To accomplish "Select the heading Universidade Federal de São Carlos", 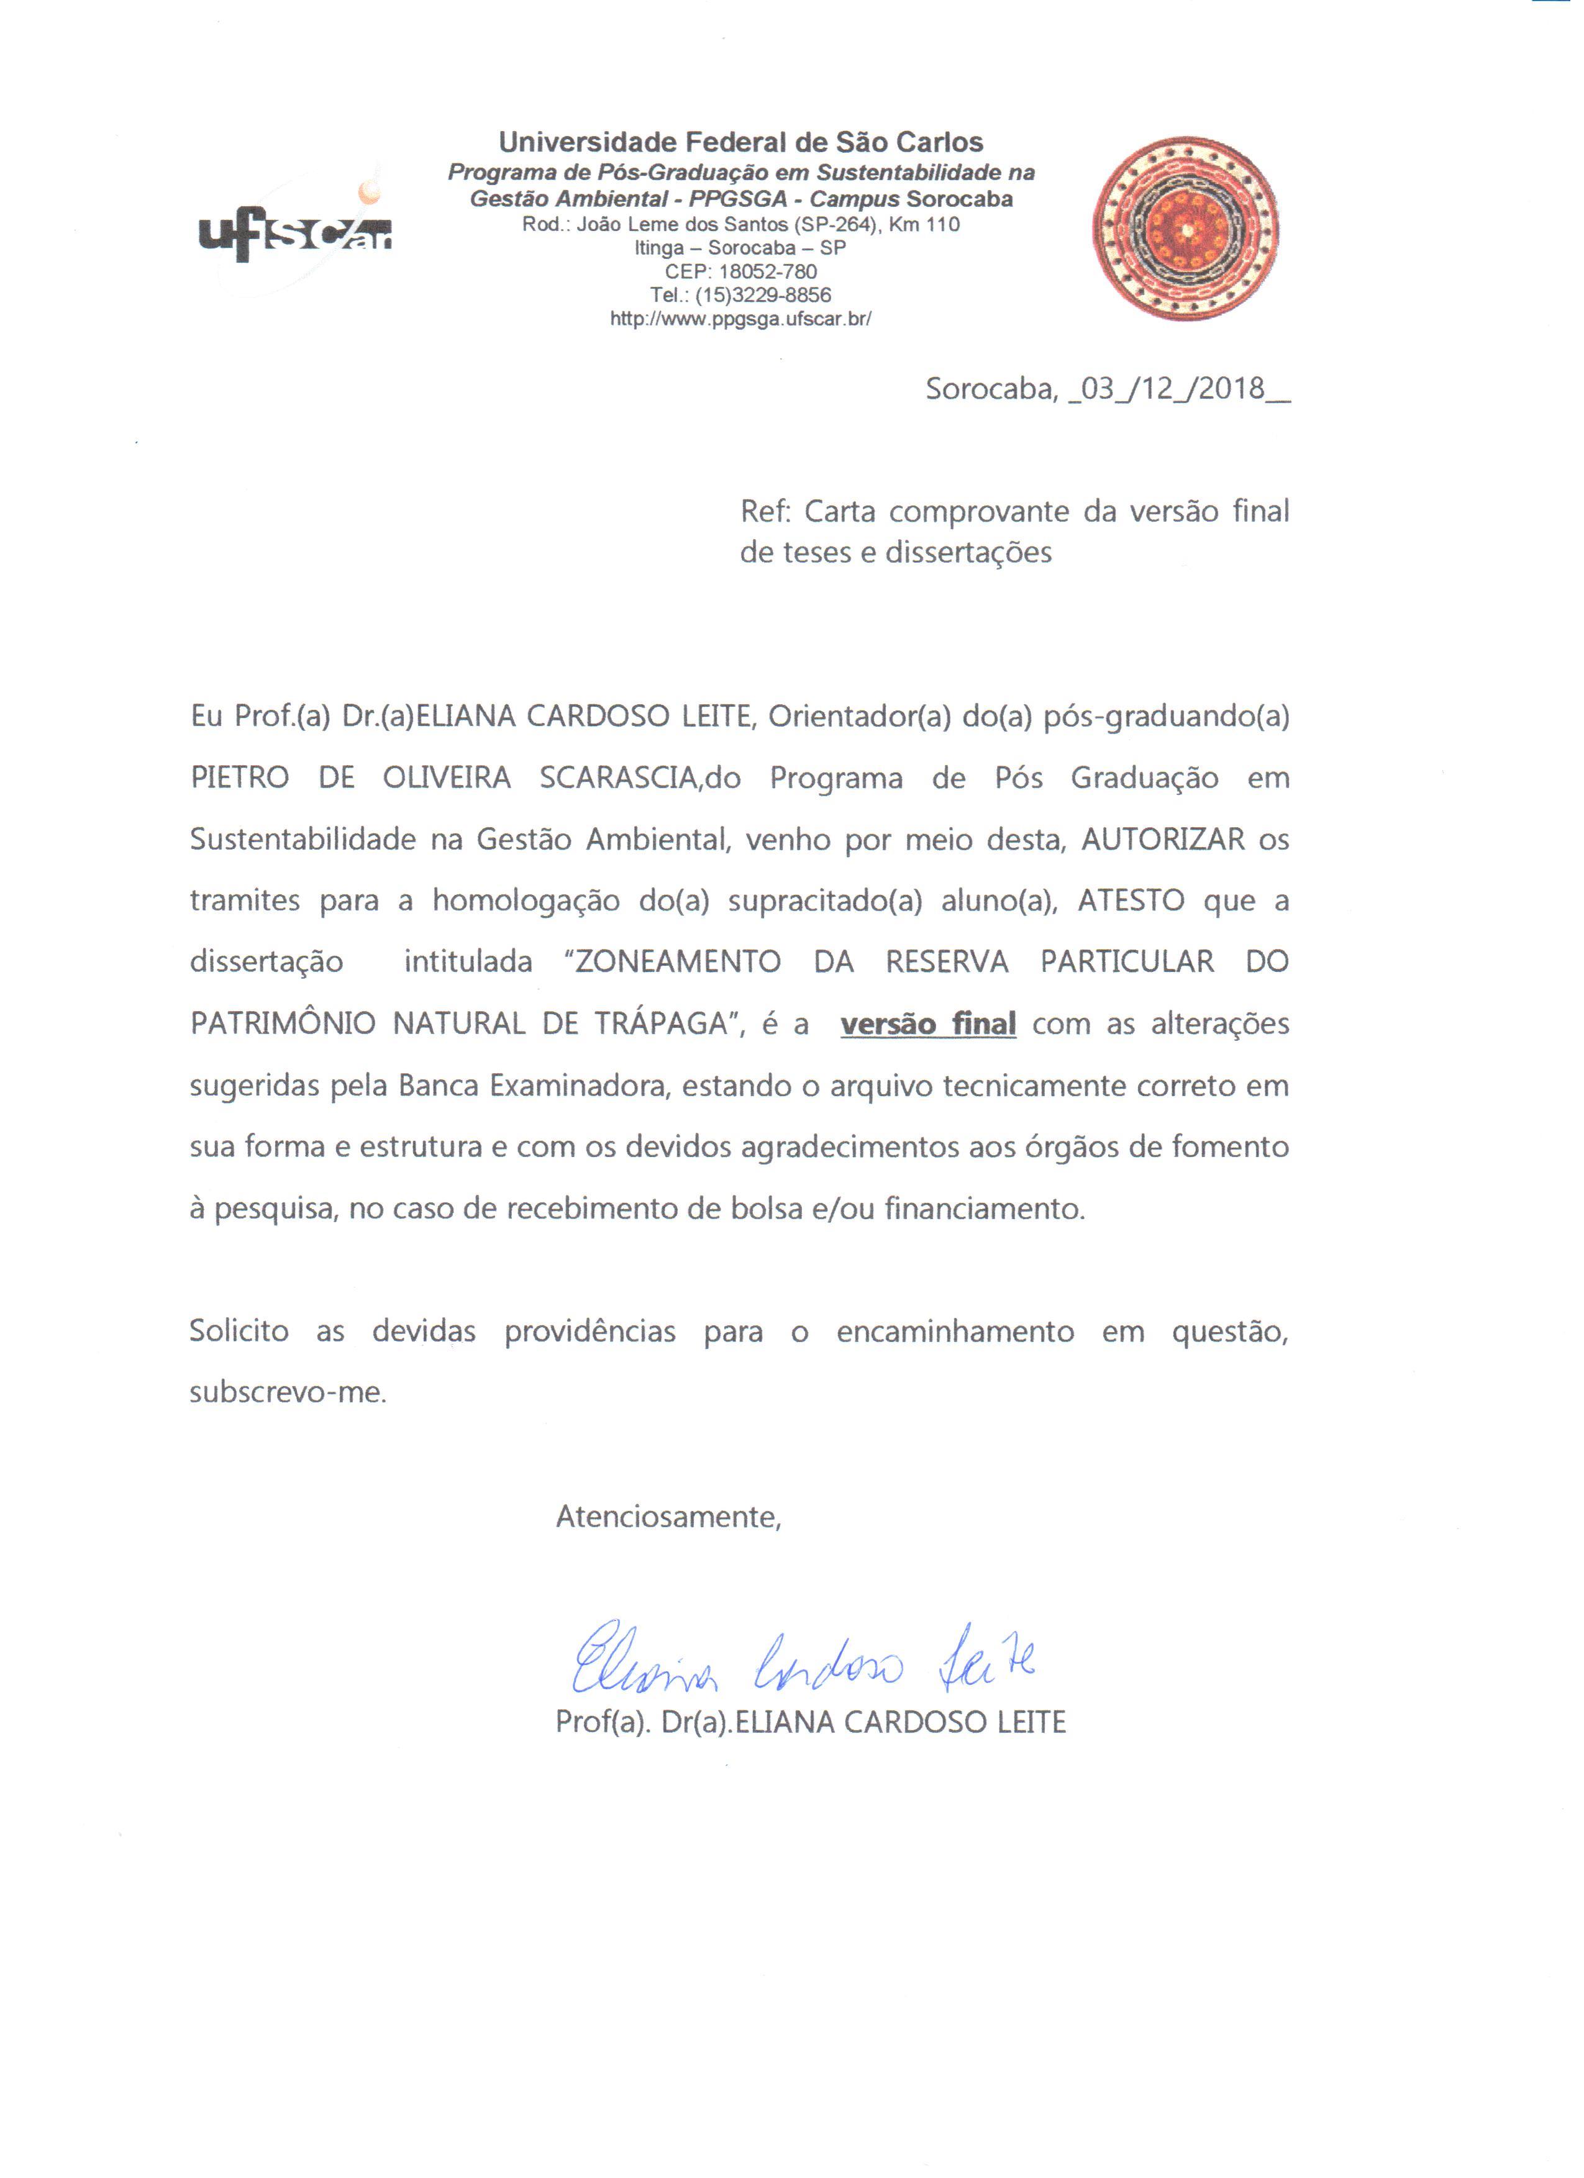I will [x=740, y=143].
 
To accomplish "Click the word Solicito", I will [x=239, y=1332].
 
